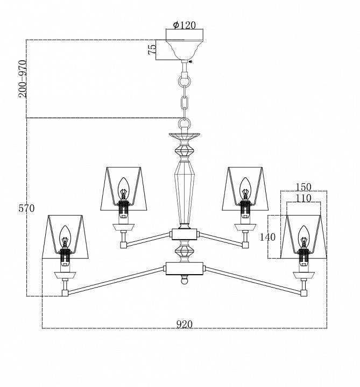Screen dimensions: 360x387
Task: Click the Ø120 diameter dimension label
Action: click(184, 25)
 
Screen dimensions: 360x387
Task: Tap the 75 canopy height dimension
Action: click(152, 49)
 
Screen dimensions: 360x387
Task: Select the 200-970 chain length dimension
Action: click(23, 79)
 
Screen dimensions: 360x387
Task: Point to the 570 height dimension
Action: click(26, 209)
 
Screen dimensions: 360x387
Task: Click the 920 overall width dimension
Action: click(184, 324)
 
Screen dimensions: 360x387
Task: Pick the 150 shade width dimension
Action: click(303, 187)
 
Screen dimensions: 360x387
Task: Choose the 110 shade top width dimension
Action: click(303, 198)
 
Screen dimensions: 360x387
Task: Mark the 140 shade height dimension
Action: click(267, 237)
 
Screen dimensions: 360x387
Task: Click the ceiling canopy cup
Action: click(185, 49)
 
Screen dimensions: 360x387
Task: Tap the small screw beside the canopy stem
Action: click(190, 61)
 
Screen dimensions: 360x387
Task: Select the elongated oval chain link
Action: click(185, 103)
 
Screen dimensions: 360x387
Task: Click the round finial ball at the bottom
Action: click(185, 280)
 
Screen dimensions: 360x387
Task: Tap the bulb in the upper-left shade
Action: click(123, 188)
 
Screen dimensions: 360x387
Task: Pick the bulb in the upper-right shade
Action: click(245, 188)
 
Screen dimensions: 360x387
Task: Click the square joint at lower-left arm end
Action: click(65, 293)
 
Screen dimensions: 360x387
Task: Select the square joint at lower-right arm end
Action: click(304, 293)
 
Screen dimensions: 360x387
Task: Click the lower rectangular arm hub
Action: click(185, 269)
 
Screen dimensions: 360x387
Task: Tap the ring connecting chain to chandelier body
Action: click(185, 123)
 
